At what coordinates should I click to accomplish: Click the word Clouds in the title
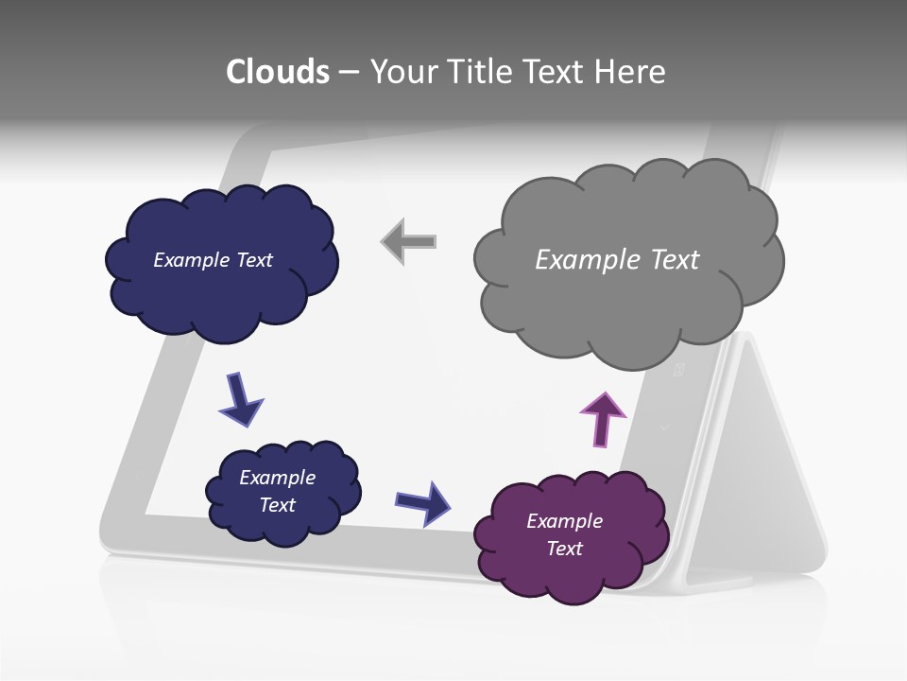[x=278, y=72]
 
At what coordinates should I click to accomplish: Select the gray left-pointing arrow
[x=408, y=241]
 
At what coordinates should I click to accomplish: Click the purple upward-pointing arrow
[x=602, y=419]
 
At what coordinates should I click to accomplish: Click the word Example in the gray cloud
[x=580, y=259]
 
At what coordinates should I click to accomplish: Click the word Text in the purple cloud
[x=564, y=549]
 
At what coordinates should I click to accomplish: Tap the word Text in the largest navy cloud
[x=254, y=260]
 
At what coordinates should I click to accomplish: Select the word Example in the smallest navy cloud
[x=277, y=478]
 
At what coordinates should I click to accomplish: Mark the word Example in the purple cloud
[x=564, y=521]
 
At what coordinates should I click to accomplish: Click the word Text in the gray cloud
[x=675, y=259]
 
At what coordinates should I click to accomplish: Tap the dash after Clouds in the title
[x=348, y=73]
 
